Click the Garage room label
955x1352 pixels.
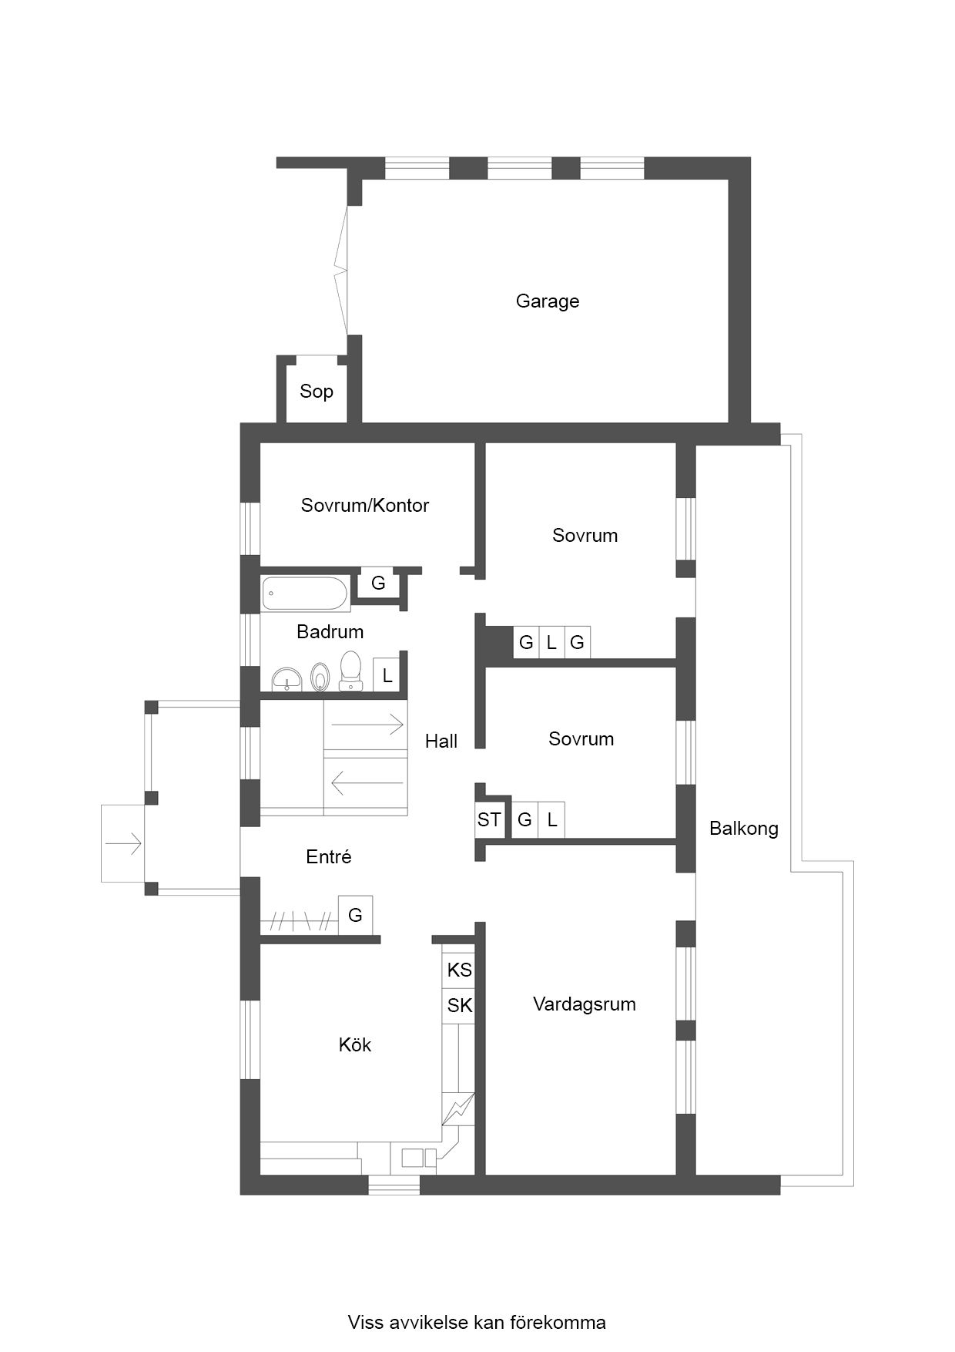[x=548, y=301]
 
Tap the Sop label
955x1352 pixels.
[x=317, y=392]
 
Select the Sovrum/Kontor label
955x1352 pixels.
[x=365, y=506]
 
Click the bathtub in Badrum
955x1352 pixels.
[x=306, y=594]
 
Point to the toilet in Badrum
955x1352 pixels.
[x=350, y=671]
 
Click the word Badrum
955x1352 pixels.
[x=330, y=632]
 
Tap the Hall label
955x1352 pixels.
[x=441, y=742]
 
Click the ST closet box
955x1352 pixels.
[x=489, y=819]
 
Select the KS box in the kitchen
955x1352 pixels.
[x=460, y=970]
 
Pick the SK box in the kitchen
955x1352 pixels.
[x=460, y=1005]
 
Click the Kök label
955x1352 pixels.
[x=355, y=1045]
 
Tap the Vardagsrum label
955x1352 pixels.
[x=585, y=1004]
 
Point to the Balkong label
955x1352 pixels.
[x=744, y=829]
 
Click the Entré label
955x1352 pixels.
[x=329, y=857]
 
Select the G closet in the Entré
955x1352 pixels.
[x=355, y=915]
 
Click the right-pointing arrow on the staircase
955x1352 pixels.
[x=367, y=725]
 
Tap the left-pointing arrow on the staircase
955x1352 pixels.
[x=367, y=784]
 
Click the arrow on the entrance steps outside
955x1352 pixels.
[x=124, y=844]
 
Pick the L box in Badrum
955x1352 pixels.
[x=387, y=676]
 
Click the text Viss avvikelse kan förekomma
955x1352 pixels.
[x=477, y=1323]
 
